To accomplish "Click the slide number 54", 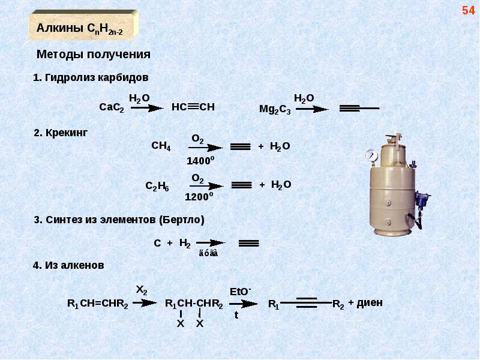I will [467, 11].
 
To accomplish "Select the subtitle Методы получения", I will [94, 55].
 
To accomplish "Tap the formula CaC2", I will [111, 107].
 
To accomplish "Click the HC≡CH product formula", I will [193, 107].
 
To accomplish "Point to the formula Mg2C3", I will [274, 109].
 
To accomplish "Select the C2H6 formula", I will [157, 186].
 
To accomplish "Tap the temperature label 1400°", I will [200, 161].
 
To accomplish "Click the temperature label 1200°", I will [199, 197].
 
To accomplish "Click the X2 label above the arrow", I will [141, 290].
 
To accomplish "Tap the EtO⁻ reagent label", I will [241, 291].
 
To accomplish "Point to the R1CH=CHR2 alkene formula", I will [97, 304].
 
